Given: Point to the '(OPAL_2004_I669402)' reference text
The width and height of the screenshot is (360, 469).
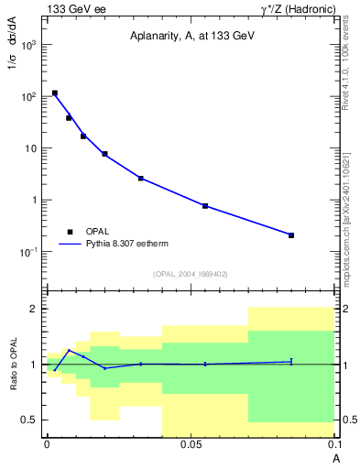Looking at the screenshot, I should tap(190, 273).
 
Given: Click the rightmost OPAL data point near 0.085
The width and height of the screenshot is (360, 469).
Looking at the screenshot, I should tap(291, 235).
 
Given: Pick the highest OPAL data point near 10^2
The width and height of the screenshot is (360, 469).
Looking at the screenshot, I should tap(55, 93).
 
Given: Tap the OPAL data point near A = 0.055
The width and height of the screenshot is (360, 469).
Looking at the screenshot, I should tap(205, 206).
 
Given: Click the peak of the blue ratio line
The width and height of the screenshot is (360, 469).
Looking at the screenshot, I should tap(69, 350).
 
